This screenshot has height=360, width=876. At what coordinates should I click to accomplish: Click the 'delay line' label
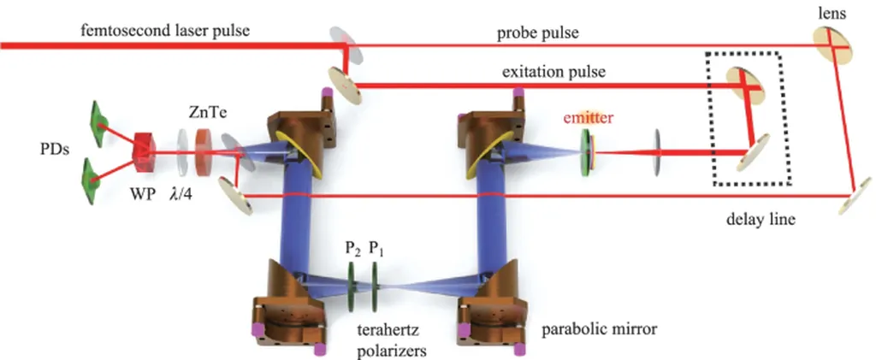(759, 219)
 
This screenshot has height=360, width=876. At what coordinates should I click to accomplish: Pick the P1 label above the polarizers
(376, 249)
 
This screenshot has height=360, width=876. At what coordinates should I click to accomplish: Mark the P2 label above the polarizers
(351, 249)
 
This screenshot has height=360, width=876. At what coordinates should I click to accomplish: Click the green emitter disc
(587, 151)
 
